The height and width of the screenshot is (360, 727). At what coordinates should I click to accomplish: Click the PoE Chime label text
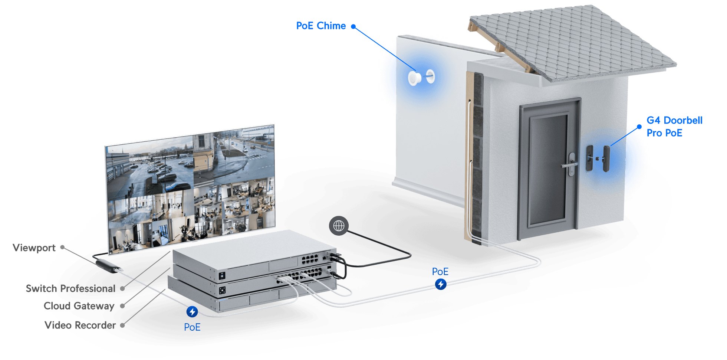(x=320, y=26)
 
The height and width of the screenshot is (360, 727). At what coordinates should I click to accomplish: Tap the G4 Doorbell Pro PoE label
(x=674, y=127)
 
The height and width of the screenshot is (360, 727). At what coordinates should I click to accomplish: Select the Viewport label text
(x=34, y=248)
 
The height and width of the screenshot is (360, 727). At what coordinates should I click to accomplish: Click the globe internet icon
(x=339, y=226)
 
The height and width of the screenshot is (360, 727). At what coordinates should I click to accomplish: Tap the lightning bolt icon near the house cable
(x=441, y=284)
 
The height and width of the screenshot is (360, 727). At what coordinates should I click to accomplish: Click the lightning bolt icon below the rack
(x=192, y=312)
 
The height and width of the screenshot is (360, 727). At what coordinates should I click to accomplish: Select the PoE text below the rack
(x=192, y=327)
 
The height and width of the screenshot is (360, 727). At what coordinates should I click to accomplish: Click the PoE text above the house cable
(x=440, y=272)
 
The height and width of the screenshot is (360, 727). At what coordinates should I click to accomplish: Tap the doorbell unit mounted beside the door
(x=606, y=159)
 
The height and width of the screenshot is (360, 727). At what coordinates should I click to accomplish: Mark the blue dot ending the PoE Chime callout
(x=353, y=26)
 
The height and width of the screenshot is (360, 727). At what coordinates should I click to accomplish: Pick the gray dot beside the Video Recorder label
(x=122, y=325)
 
